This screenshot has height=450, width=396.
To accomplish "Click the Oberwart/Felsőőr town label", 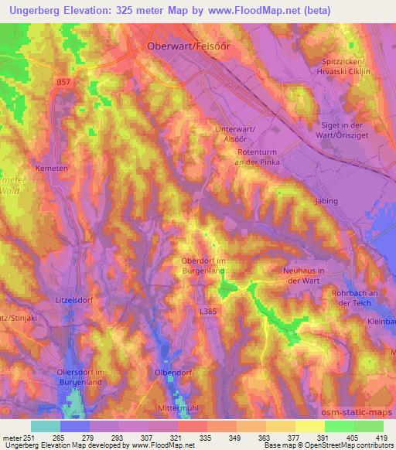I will (x=189, y=46).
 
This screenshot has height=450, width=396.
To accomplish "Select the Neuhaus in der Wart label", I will (x=311, y=276).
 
